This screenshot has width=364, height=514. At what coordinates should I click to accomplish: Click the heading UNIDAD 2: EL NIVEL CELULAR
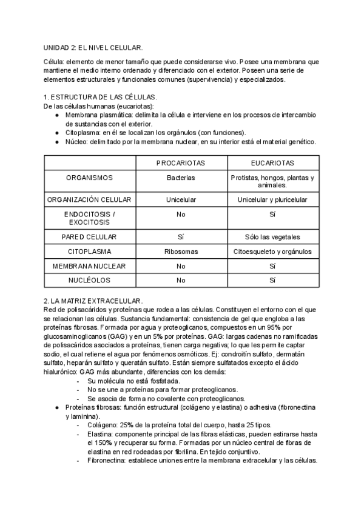pyautogui.click(x=93, y=47)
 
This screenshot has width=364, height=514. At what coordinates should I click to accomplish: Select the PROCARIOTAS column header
pyautogui.click(x=180, y=163)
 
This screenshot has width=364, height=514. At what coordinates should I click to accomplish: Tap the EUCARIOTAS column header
pyautogui.click(x=272, y=163)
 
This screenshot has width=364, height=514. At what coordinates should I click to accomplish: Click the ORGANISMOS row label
pyautogui.click(x=89, y=178)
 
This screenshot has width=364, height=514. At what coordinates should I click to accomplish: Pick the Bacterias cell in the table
pyautogui.click(x=180, y=178)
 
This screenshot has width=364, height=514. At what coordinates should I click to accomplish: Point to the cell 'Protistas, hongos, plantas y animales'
pyautogui.click(x=272, y=182)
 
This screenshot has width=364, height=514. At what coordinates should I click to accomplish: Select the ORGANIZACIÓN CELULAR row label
pyautogui.click(x=89, y=199)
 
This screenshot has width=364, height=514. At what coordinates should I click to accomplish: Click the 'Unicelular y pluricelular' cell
pyautogui.click(x=272, y=199)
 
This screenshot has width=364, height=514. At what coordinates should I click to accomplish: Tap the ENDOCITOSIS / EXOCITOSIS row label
pyautogui.click(x=89, y=219)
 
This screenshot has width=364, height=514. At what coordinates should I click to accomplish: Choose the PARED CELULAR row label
pyautogui.click(x=89, y=237)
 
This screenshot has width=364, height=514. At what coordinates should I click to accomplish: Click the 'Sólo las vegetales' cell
pyautogui.click(x=272, y=237)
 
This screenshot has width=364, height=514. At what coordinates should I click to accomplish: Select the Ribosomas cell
pyautogui.click(x=180, y=251)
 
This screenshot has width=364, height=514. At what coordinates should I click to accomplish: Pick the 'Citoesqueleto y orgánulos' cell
pyautogui.click(x=272, y=251)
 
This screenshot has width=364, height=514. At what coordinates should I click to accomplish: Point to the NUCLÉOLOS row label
pyautogui.click(x=89, y=280)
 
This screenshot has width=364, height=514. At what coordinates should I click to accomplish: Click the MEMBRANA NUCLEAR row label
pyautogui.click(x=89, y=265)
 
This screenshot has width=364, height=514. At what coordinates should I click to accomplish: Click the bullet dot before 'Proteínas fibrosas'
pyautogui.click(x=56, y=408)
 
